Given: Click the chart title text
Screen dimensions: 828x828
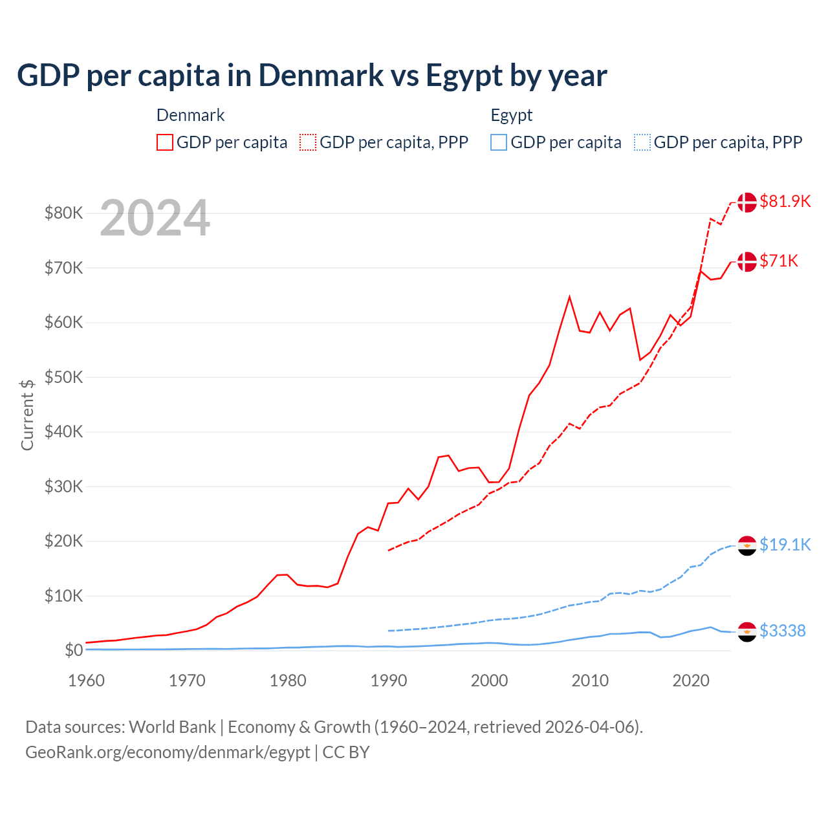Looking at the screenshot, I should point(312,76).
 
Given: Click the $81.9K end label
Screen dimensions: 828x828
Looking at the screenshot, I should point(785,201).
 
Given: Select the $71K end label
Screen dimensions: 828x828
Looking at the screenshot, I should point(779,261).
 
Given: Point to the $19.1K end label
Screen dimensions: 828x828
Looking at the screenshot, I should point(785,545).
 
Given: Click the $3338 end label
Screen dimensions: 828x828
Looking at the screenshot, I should point(782,631).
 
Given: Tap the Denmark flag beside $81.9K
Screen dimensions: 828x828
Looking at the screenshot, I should point(747,202).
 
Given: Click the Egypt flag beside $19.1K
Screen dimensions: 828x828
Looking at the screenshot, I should point(747,545).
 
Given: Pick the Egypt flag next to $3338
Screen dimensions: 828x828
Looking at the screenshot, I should point(747,631).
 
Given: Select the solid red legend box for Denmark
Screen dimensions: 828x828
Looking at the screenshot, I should point(165,142).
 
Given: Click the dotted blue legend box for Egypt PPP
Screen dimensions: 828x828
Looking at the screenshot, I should point(642,142).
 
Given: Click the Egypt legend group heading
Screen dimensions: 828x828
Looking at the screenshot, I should point(512,115).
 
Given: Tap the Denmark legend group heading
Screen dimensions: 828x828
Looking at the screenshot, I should point(190,115).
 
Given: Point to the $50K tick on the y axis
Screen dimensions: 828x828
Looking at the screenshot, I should point(63,377).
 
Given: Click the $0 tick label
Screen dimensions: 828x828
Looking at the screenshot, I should point(73,650).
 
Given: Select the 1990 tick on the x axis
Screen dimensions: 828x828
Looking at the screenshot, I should point(389,681).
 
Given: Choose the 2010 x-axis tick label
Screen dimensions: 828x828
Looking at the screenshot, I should point(590,681).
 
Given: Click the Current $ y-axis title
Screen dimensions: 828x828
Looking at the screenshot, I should point(27,415).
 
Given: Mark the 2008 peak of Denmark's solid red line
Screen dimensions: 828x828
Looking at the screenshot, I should point(569,297).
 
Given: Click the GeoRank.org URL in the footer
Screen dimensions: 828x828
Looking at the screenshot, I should point(168,752).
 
